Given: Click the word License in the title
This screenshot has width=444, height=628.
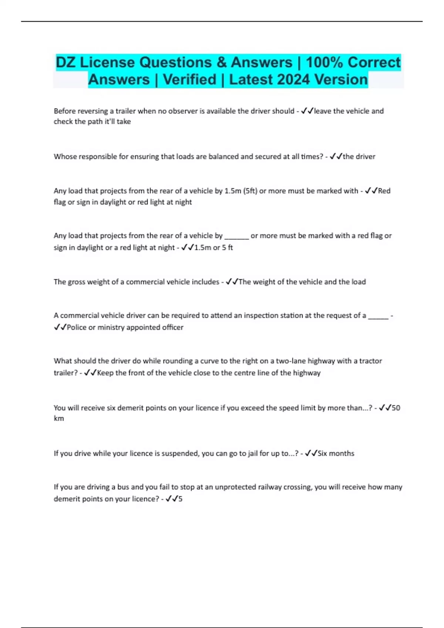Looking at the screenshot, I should [x=107, y=62].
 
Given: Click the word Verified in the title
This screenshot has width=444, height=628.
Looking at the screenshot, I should [x=189, y=80].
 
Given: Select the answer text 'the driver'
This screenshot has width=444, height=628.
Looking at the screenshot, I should [x=359, y=157].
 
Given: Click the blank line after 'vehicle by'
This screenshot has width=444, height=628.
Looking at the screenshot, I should [x=237, y=236].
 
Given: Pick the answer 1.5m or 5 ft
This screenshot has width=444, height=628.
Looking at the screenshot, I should [x=213, y=248].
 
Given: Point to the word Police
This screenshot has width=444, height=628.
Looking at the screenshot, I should [x=77, y=327].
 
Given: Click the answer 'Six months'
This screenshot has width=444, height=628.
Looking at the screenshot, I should [x=336, y=453].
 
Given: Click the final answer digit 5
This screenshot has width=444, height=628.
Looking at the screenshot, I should [x=181, y=499].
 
